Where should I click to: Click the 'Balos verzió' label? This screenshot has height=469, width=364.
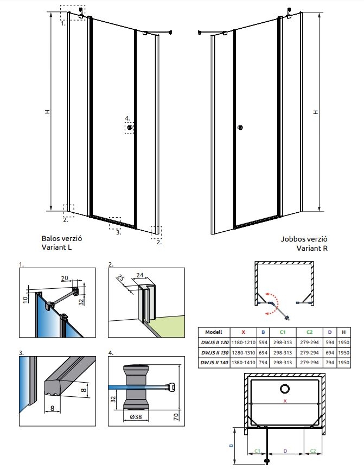[62, 238]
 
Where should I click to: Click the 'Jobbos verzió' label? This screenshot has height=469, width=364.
[304, 239]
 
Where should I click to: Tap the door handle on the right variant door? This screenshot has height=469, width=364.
[240, 128]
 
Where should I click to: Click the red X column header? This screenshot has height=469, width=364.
[243, 332]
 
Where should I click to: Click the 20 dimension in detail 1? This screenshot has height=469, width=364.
[65, 278]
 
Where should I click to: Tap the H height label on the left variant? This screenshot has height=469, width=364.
[48, 111]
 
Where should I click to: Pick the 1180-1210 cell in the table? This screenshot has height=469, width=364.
[243, 343]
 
